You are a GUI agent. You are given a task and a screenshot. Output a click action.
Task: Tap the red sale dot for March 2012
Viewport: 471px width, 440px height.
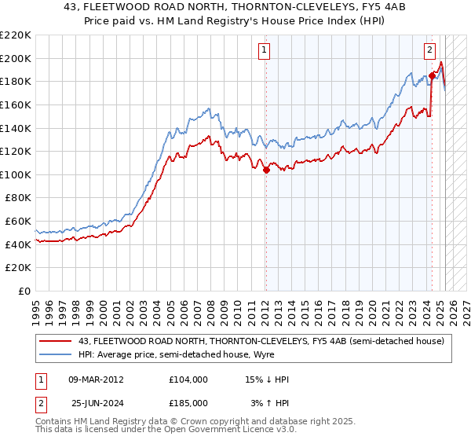pos(266,169)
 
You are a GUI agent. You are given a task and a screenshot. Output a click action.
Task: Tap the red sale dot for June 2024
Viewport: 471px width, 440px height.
pos(432,75)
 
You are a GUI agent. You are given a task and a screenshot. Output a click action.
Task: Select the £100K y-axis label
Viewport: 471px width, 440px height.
pos(17,174)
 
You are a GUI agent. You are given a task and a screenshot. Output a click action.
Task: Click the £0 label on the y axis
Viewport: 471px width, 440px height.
pos(24,291)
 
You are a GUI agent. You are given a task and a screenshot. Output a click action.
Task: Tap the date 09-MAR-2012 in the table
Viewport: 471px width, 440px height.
pos(96,379)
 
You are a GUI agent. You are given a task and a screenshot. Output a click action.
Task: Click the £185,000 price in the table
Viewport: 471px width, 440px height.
pos(188,402)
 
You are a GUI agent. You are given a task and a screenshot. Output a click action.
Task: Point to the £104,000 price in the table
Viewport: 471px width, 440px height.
pos(188,379)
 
